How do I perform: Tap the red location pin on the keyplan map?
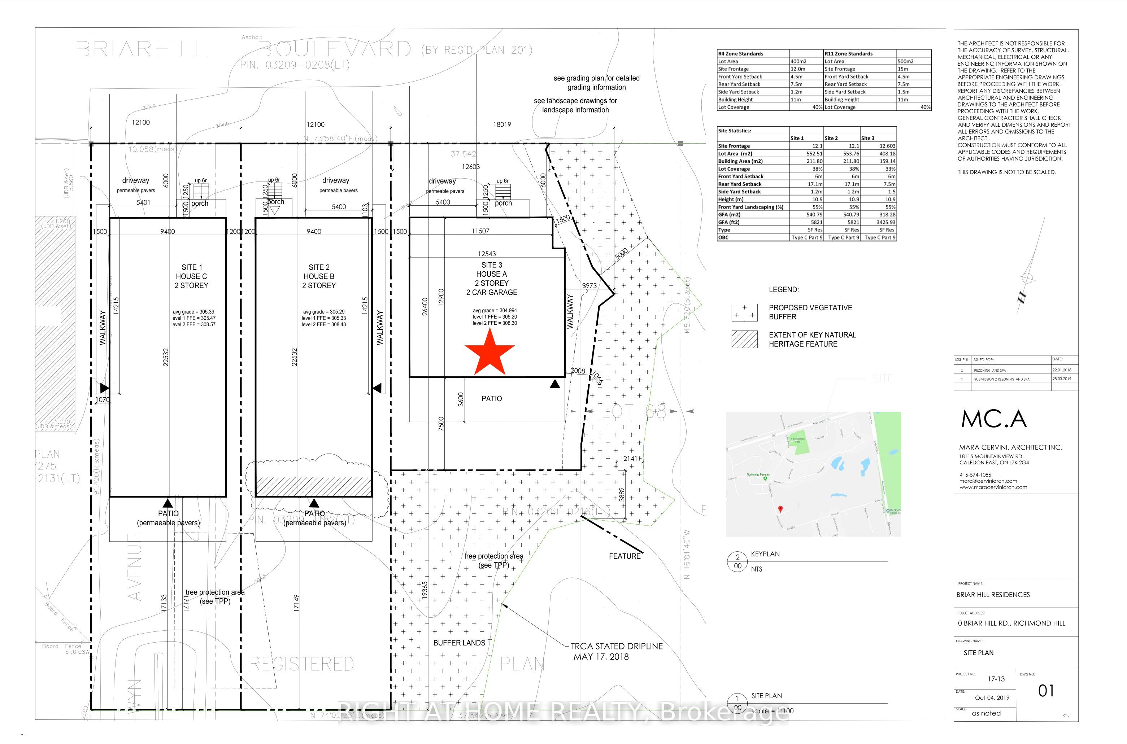coord(780,509)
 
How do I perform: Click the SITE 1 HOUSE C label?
coord(191,276)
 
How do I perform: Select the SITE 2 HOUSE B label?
coord(319,276)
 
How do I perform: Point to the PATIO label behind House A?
coord(491,399)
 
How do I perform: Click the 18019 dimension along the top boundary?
coord(502,124)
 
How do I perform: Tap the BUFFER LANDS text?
coord(459,643)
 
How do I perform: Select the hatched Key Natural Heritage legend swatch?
coord(744,339)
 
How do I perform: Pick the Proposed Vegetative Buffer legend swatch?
coord(744,312)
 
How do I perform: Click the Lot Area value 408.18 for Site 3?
coord(885,154)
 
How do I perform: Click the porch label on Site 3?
coord(503,203)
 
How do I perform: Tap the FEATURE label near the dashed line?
coord(624,556)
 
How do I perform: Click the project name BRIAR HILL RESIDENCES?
coord(993,595)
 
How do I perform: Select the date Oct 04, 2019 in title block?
coord(992,697)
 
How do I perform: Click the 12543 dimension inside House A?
coord(487,254)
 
